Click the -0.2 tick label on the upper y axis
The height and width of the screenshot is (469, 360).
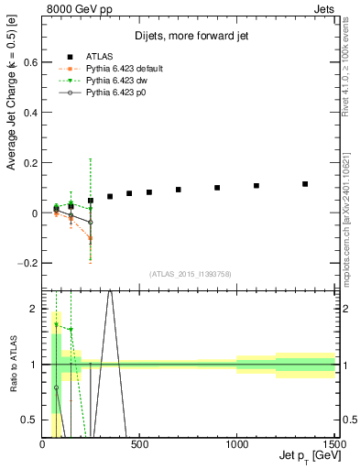(x=28, y=263)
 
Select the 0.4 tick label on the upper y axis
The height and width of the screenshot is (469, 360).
(x=30, y=114)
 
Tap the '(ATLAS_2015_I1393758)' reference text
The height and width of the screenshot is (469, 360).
(x=191, y=273)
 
